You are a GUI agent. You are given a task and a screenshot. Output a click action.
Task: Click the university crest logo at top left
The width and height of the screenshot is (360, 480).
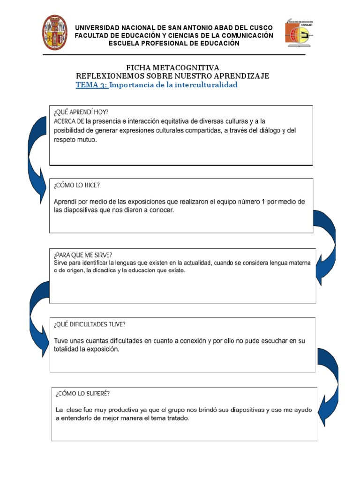click(55, 32)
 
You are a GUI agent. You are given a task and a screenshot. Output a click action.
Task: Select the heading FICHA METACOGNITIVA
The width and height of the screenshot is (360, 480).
click(173, 68)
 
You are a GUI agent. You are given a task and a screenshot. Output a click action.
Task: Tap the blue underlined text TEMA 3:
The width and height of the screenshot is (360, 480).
click(92, 85)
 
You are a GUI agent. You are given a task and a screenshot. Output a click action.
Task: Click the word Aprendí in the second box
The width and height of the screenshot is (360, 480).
click(66, 202)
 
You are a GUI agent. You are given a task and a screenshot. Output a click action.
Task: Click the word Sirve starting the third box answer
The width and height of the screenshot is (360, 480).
click(61, 263)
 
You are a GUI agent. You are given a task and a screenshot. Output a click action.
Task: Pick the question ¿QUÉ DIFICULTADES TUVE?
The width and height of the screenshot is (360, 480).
click(90, 324)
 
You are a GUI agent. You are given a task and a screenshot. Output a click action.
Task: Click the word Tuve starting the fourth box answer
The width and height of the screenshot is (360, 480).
click(62, 341)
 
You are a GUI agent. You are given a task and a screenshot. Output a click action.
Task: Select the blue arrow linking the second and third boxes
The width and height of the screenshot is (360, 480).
click(325, 244)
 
